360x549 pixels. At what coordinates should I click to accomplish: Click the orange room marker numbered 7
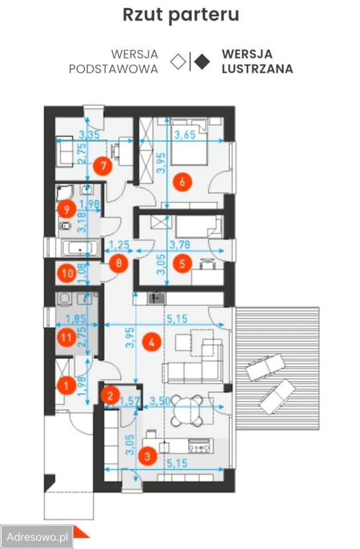103,166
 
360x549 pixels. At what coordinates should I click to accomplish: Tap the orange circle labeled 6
181,181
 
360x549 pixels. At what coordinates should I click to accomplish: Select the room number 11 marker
66,337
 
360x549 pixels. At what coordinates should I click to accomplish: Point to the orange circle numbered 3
147,456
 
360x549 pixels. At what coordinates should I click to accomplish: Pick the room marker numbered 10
68,273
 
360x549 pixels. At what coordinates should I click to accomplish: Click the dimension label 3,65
185,135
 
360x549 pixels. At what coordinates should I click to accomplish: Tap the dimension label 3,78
180,244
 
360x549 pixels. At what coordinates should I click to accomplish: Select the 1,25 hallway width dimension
119,244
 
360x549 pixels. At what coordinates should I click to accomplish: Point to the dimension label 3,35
89,134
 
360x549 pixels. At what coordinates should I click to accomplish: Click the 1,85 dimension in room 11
76,319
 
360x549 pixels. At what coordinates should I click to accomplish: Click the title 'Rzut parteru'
181,15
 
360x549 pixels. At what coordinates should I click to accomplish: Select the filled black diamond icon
202,62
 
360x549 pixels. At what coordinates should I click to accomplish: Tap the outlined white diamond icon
178,62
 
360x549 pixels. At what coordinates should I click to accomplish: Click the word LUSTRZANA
258,69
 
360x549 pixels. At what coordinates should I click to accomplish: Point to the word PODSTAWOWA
113,69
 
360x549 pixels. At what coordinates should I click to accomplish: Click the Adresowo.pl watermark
37,537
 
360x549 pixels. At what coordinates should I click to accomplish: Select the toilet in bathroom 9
65,226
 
